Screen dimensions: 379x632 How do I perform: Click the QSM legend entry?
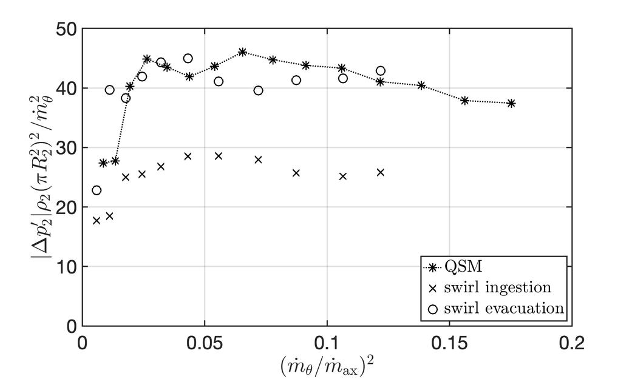pos(461,267)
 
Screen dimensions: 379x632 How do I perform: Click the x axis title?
pos(327,364)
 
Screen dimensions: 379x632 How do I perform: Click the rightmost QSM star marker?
pos(511,104)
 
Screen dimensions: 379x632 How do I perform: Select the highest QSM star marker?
pos(242,52)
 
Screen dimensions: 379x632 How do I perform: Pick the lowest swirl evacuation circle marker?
pos(97,190)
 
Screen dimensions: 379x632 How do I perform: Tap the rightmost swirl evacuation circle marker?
pos(381,71)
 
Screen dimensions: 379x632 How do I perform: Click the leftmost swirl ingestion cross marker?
pos(97,221)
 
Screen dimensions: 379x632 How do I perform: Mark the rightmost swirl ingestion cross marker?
pos(381,172)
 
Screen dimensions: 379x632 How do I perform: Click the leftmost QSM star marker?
pos(103,163)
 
